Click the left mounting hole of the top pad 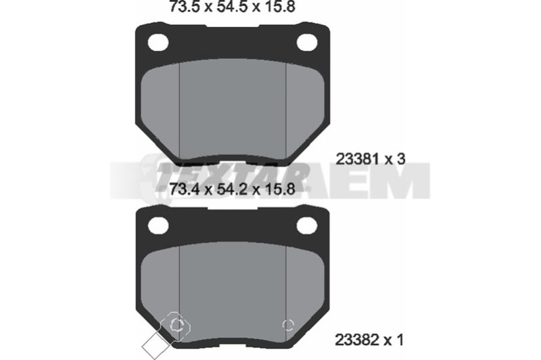point(158,43)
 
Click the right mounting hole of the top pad point(307,42)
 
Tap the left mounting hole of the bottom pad point(158,226)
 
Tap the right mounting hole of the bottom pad point(307,225)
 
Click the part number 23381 point(358,160)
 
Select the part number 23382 point(358,340)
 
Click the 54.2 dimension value point(232,189)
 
